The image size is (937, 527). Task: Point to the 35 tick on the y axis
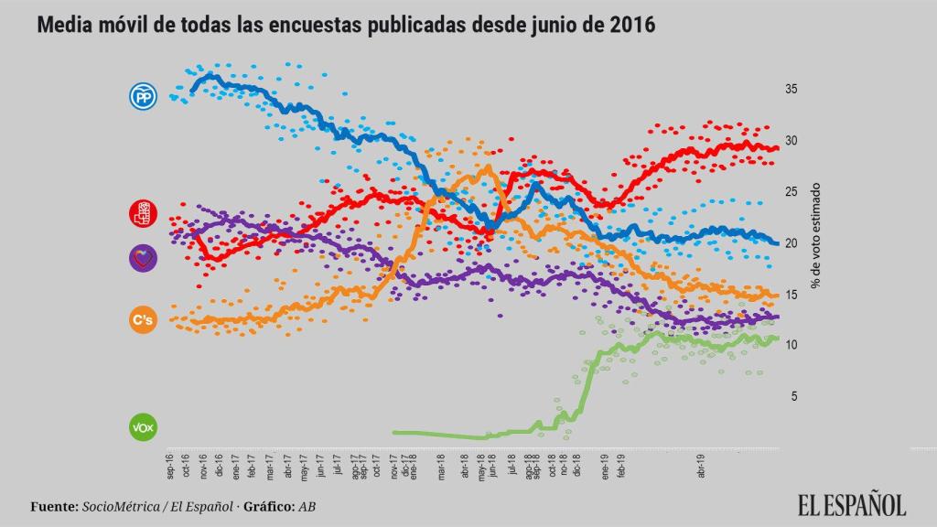point(791,90)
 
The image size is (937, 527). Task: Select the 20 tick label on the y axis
point(791,243)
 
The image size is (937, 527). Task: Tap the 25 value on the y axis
point(791,192)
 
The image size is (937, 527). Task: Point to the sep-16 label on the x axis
point(170,467)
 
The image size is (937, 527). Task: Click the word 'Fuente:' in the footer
point(54,506)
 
